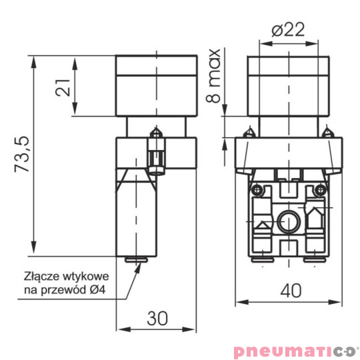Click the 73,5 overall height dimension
pos(23,155)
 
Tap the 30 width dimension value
pos(157,319)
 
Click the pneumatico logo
pos(296,351)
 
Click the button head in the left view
pos(157,85)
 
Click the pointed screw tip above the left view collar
pos(157,132)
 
